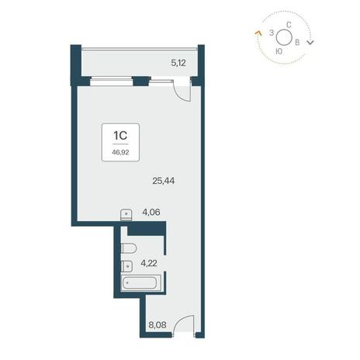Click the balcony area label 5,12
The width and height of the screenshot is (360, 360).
(x=178, y=63)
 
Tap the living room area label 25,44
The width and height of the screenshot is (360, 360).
(x=164, y=181)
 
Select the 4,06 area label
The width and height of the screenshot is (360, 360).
(x=151, y=212)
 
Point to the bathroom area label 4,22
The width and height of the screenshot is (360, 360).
(x=149, y=263)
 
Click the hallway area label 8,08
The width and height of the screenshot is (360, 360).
(x=157, y=324)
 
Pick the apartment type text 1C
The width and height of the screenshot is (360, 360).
(x=120, y=135)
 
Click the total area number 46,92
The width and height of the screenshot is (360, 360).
(x=120, y=152)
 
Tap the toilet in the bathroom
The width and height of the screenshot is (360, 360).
(x=129, y=248)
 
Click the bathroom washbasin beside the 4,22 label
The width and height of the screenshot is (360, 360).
(x=126, y=266)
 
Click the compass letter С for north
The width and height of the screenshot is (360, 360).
(x=289, y=25)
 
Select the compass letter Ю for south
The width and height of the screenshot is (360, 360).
(x=279, y=51)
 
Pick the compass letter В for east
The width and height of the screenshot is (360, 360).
(x=297, y=43)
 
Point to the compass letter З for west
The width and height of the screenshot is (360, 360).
(x=272, y=33)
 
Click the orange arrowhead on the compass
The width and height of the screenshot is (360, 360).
(x=258, y=33)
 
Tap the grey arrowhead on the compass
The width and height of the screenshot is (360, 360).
(x=310, y=42)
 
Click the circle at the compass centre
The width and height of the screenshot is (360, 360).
(x=284, y=37)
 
